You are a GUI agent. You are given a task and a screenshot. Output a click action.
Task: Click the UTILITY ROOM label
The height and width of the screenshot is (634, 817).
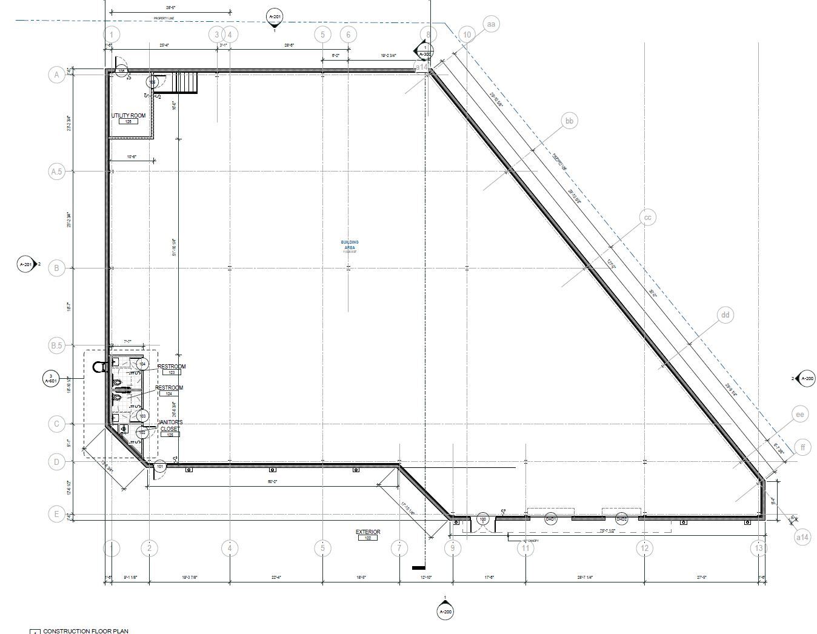tap(128, 116)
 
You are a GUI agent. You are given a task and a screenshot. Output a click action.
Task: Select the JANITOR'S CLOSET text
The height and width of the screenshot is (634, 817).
tap(170, 425)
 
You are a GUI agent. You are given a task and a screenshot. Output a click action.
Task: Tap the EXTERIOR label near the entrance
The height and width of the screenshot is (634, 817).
tap(368, 532)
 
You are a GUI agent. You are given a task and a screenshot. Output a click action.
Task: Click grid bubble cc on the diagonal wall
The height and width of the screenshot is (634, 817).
tap(647, 218)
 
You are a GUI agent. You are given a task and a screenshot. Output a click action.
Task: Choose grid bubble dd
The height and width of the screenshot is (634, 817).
tap(725, 315)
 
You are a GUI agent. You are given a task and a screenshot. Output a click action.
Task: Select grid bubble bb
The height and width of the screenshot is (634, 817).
tap(569, 121)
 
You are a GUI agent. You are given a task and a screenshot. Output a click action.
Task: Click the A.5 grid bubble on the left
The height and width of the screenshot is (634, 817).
tap(56, 172)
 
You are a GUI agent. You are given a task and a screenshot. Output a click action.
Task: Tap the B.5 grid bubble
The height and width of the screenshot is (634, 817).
tap(56, 346)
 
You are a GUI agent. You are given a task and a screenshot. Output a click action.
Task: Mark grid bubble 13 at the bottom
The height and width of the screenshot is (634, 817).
tap(758, 549)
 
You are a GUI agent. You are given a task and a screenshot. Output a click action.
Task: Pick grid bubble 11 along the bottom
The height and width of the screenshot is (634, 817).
tap(525, 549)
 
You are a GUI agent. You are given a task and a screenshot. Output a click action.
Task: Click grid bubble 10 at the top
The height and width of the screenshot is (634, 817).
tap(467, 35)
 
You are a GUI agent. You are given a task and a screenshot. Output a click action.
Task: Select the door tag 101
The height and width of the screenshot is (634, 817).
tap(159, 466)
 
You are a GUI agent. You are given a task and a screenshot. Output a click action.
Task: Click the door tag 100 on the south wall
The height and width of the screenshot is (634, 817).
tap(483, 519)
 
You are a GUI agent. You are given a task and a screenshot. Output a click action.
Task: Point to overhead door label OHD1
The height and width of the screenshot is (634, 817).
tap(551, 519)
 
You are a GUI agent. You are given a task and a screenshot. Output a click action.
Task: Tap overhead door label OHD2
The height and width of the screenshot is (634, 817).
tap(621, 519)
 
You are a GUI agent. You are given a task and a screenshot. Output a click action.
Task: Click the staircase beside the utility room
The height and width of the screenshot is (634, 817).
tap(186, 83)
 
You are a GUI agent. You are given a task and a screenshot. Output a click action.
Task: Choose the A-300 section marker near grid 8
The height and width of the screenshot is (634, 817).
tap(425, 51)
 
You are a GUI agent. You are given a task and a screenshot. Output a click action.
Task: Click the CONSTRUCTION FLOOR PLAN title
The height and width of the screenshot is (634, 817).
tap(85, 631)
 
